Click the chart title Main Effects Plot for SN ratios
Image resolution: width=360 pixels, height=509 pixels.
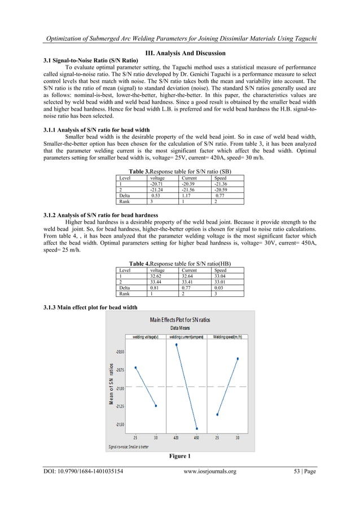click(179, 320)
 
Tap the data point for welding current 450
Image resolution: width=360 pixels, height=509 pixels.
click(197, 429)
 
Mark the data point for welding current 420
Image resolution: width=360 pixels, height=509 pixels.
click(177, 344)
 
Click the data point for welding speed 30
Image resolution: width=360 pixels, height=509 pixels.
click(238, 358)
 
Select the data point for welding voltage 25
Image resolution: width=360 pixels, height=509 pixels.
click(135, 367)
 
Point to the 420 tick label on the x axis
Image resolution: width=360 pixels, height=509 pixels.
click(177, 437)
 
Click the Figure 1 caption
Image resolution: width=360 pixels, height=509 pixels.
click(179, 456)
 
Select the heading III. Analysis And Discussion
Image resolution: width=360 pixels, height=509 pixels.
click(179, 53)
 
